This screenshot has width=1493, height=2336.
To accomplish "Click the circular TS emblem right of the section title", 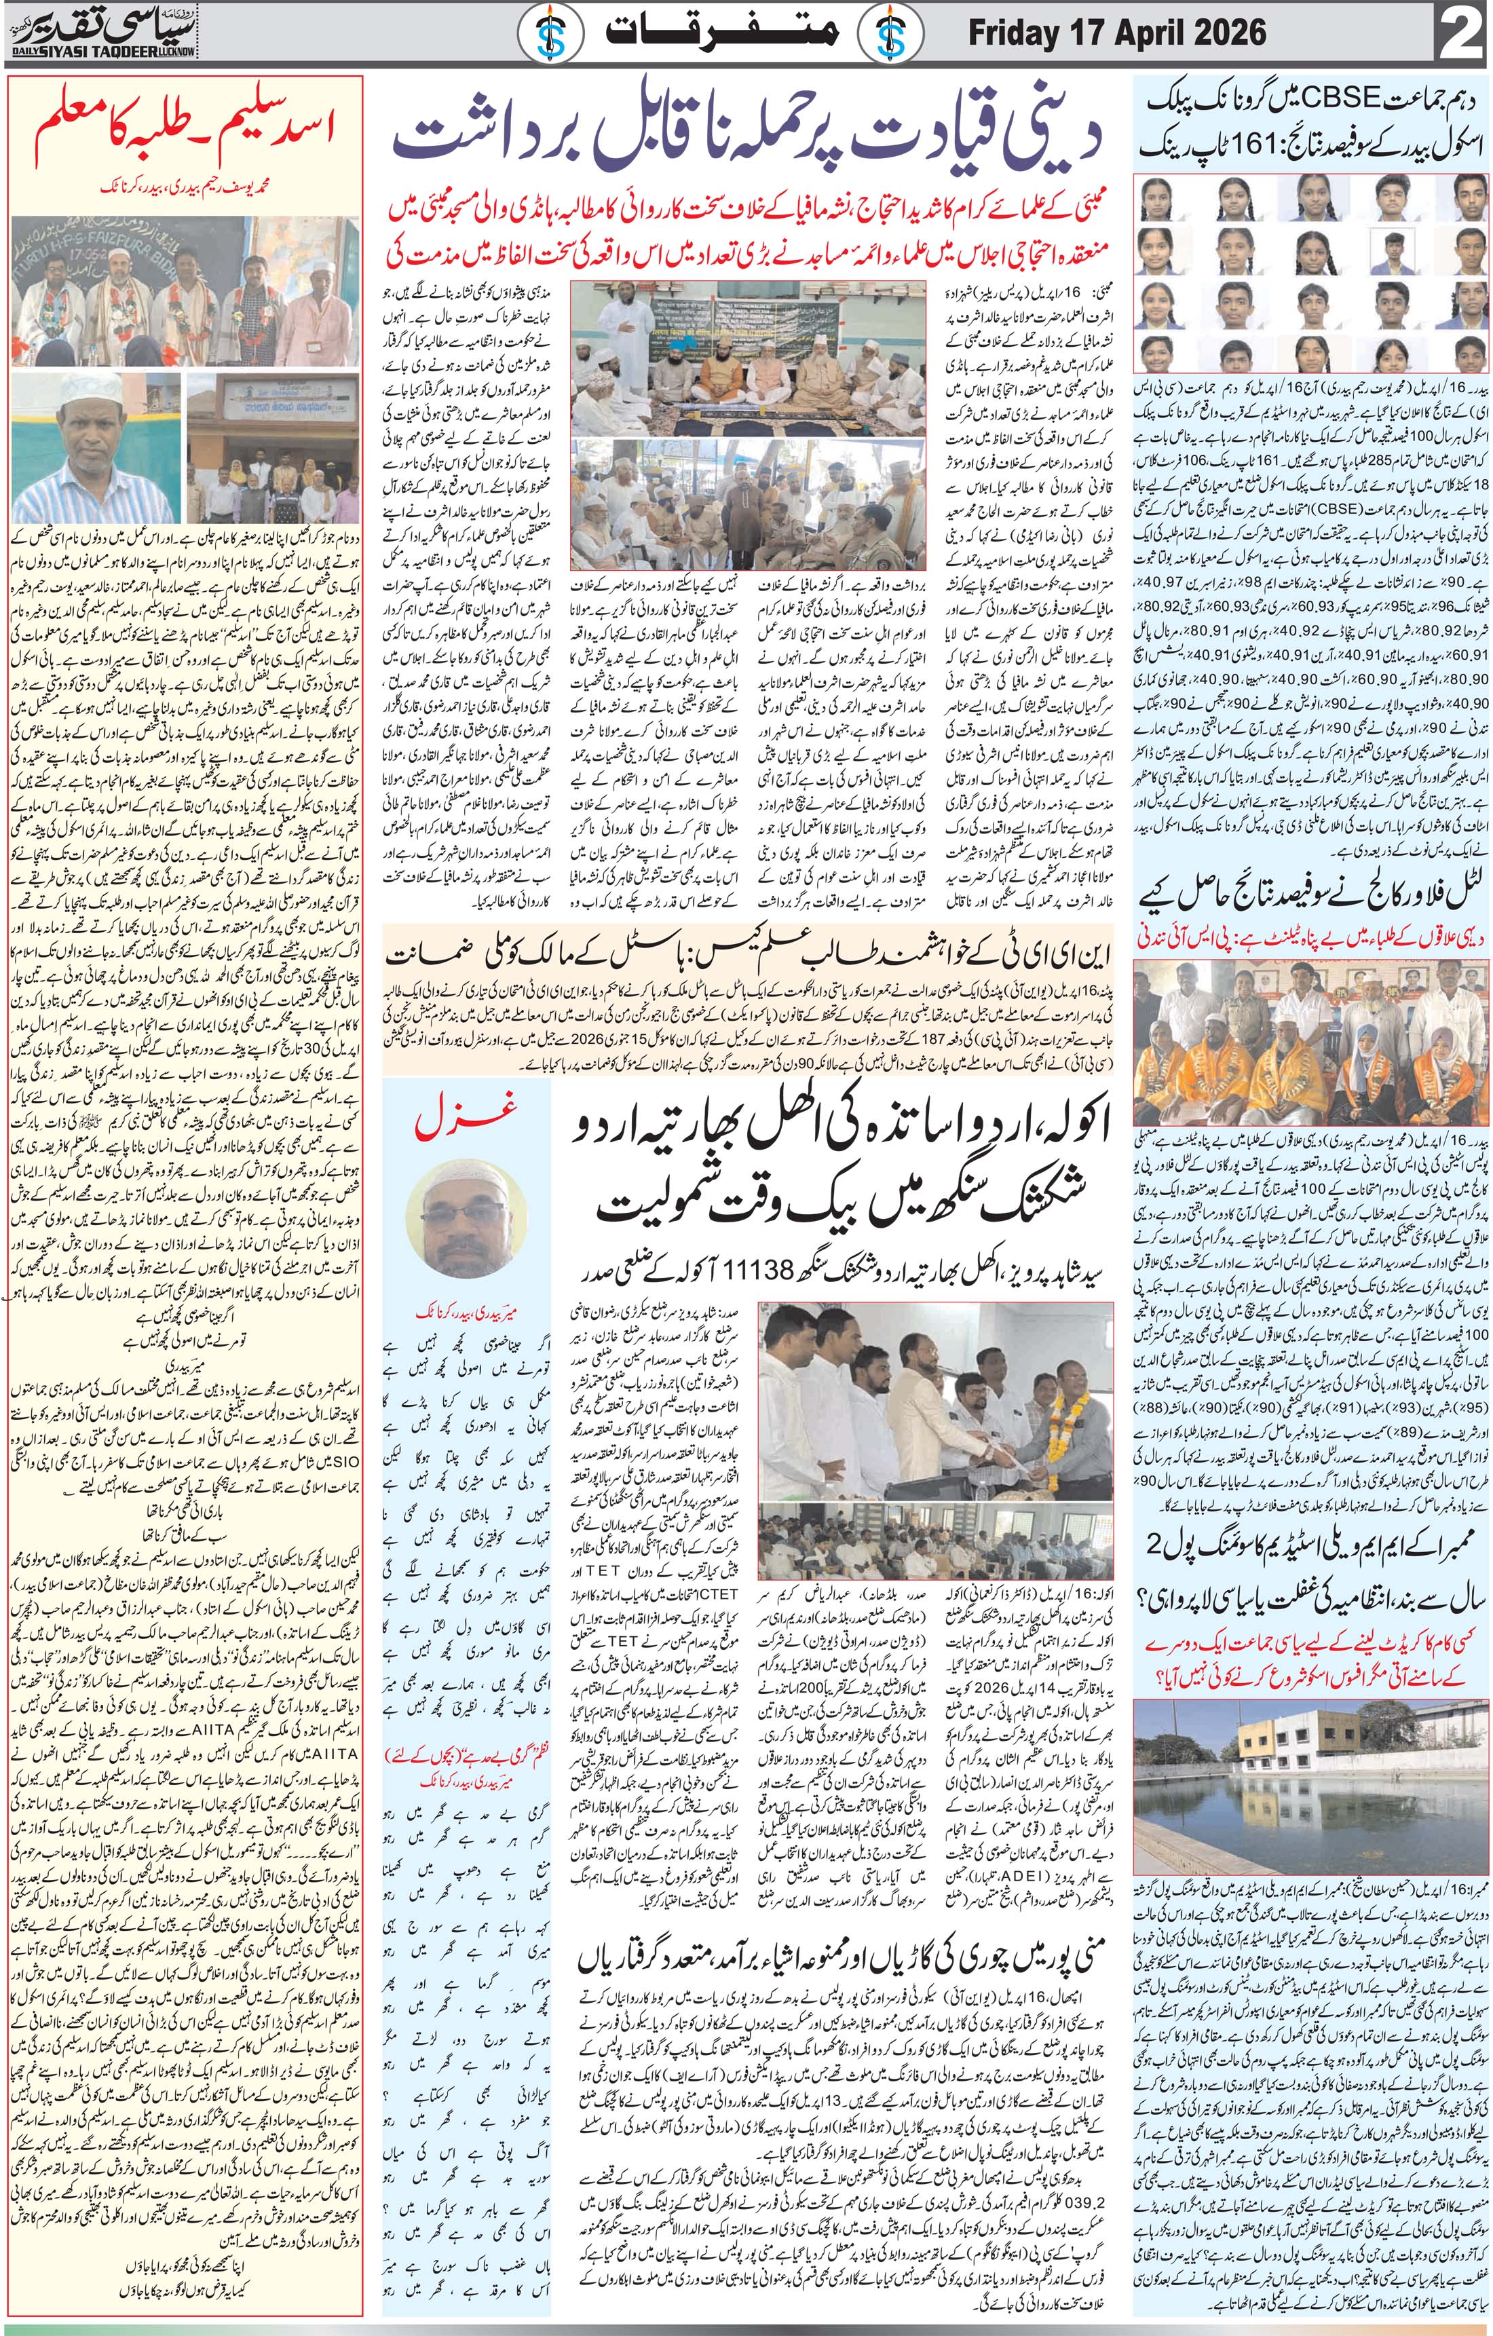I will (892, 35).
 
